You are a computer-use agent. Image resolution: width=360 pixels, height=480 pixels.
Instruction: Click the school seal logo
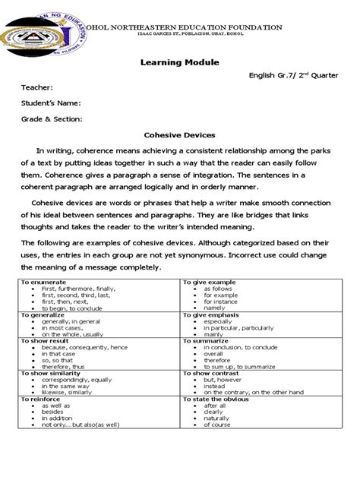[x=39, y=37]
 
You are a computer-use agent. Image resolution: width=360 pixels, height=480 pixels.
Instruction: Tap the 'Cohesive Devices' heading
[x=179, y=134]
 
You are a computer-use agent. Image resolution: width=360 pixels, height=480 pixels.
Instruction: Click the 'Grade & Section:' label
[x=52, y=118]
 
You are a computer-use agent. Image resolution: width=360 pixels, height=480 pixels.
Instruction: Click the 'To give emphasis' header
[x=210, y=314]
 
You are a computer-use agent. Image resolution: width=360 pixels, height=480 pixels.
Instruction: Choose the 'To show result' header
[x=44, y=340]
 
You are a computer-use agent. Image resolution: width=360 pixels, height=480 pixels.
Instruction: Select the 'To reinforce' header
[x=39, y=398]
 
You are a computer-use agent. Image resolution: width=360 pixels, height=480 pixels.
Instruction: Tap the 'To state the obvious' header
[x=214, y=398]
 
